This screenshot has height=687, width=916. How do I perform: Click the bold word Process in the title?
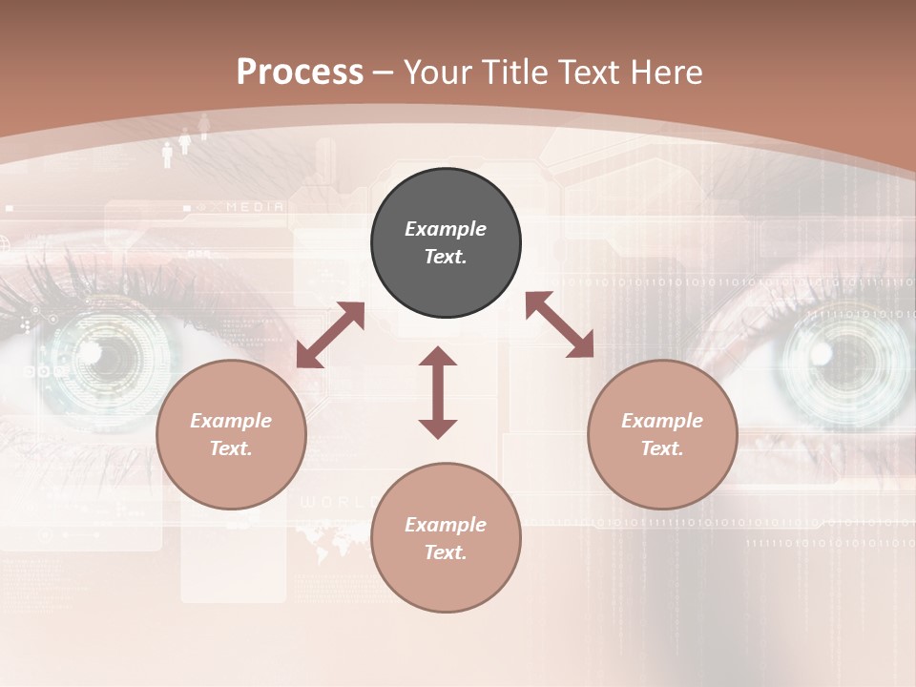300,73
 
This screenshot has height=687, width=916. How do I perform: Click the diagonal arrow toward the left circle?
330,335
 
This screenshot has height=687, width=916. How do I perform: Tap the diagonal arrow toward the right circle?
559,324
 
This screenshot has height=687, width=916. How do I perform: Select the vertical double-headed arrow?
438,392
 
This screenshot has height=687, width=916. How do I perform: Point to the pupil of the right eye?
821,355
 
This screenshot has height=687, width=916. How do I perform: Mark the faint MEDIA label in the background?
255,206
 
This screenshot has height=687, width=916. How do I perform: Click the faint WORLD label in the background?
330,502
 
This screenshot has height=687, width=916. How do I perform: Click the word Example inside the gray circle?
446,229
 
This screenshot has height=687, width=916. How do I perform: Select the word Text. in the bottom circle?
446,552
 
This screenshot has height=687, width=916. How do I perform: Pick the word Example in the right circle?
662,421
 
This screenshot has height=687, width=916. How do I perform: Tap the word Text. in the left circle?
231,448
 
